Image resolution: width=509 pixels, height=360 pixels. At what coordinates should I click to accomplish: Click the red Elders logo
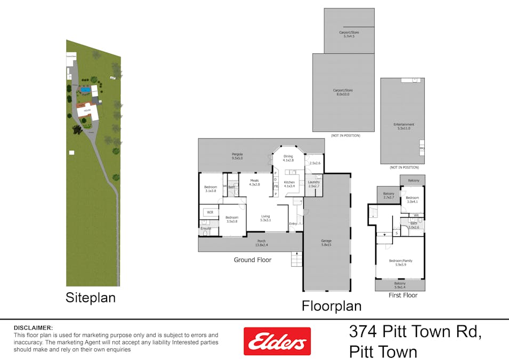[277, 341]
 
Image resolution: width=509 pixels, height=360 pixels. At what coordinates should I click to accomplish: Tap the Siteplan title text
[90, 298]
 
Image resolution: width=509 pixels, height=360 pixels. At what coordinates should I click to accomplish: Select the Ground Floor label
[252, 260]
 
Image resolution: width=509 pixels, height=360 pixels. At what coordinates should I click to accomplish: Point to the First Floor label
[403, 295]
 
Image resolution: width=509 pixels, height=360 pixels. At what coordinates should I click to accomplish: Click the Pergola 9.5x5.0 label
[237, 156]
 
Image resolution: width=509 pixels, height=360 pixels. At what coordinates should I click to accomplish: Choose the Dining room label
[288, 158]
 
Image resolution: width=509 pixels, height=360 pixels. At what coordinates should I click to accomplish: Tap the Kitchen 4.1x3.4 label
[289, 185]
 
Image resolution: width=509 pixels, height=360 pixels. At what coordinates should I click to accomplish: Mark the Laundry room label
[314, 184]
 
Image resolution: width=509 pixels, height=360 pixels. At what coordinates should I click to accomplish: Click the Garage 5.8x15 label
[327, 243]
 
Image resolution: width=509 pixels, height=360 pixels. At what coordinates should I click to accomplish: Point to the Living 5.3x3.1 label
[265, 218]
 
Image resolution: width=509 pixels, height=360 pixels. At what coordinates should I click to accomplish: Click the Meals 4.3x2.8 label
[254, 182]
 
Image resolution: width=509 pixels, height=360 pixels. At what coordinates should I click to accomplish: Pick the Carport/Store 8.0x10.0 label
[343, 92]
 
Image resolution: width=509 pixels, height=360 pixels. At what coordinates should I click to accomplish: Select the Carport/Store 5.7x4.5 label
[349, 34]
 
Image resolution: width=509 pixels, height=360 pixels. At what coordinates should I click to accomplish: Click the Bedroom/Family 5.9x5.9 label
[400, 262]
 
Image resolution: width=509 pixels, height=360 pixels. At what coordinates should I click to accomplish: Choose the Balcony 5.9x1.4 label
[400, 285]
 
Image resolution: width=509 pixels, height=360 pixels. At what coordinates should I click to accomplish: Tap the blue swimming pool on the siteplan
[85, 90]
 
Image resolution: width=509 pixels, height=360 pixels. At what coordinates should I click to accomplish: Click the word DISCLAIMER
[33, 327]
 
